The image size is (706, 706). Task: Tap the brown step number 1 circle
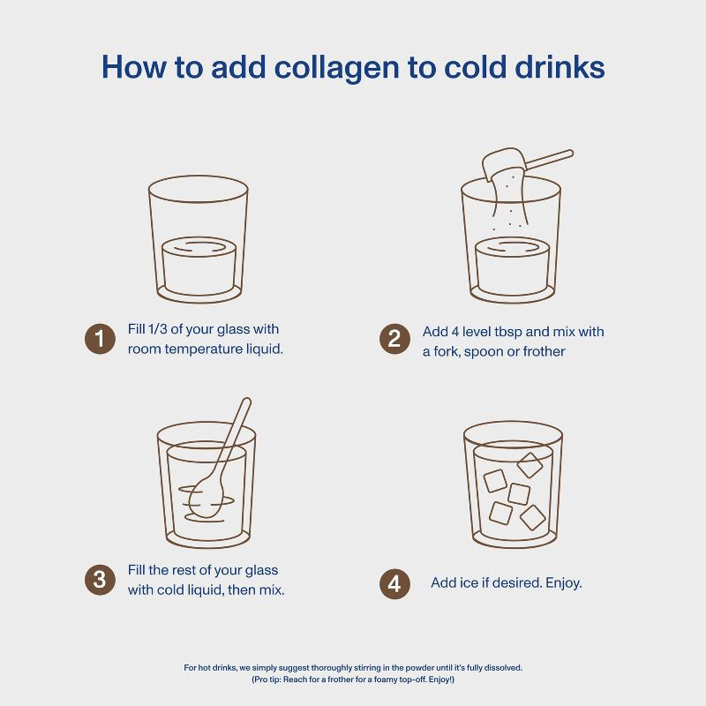[x=100, y=339]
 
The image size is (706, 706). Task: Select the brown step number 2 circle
[x=394, y=339]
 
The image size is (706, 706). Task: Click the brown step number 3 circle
[x=100, y=580]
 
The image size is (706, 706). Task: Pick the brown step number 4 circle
[x=394, y=583]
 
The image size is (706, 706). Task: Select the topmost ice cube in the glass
[x=529, y=465]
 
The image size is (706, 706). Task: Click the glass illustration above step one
[x=198, y=238]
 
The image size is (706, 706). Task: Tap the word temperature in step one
[x=202, y=349]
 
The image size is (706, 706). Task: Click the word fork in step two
[x=448, y=351]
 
